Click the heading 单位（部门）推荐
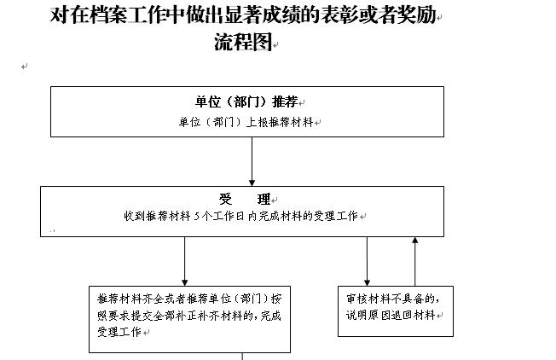[246, 102]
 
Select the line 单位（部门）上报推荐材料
[246, 122]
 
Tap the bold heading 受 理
[245, 200]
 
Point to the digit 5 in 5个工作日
[197, 216]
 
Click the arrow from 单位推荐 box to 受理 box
[252, 161]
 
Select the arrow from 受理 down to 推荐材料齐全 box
[185, 261]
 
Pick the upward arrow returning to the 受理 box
[415, 261]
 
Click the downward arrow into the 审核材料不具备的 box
[367, 261]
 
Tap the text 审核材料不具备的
[391, 299]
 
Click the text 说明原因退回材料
[391, 315]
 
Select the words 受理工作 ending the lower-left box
[119, 332]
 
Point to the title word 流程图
[243, 42]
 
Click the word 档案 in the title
[109, 15]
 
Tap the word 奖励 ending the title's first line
[417, 15]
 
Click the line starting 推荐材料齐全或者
[189, 299]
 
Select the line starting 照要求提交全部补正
[189, 316]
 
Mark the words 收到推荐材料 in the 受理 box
[157, 216]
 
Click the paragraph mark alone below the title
[24, 67]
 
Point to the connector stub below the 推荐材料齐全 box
[242, 356]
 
